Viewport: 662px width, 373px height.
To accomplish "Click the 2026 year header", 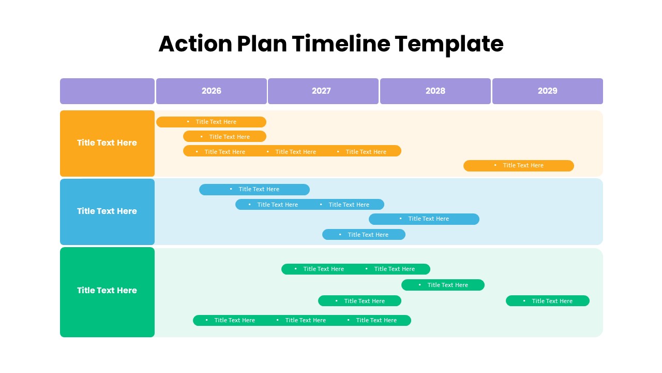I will (211, 91).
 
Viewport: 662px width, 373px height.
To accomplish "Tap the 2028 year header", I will (435, 91).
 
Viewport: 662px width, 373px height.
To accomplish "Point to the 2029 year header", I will (547, 91).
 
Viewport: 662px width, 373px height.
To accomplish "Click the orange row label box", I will (107, 143).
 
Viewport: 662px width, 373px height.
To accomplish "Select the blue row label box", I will (107, 211).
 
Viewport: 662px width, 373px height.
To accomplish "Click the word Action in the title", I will (195, 44).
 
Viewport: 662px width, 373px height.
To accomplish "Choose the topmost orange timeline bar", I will (211, 122).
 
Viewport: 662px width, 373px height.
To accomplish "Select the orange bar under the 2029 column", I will (518, 165).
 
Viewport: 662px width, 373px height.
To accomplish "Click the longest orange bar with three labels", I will (292, 151).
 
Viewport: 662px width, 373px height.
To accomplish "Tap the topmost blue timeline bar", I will (254, 190).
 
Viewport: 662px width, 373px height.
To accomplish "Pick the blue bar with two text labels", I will (309, 204).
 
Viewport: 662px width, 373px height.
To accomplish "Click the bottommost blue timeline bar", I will (364, 235).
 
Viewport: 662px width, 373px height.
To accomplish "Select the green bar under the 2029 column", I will (547, 301).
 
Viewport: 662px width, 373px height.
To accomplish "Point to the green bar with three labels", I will (302, 320).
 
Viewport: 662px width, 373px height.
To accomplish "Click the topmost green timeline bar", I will (355, 269).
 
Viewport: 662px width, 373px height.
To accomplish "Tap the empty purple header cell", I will (107, 91).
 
